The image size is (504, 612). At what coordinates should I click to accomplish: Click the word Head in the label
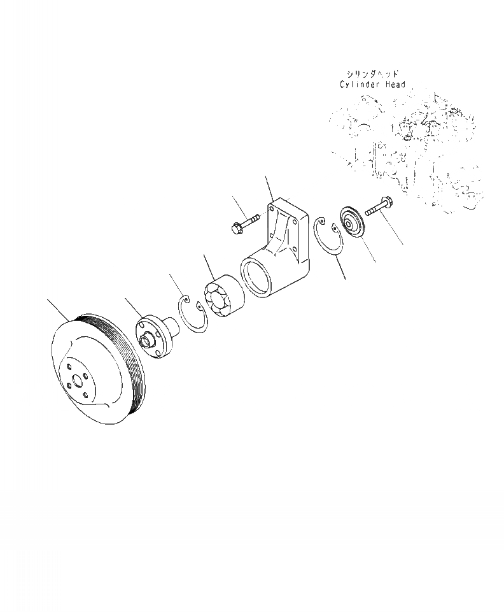click(395, 84)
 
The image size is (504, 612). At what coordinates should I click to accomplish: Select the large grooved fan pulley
click(99, 369)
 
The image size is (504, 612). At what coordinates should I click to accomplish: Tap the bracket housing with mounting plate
click(275, 246)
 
